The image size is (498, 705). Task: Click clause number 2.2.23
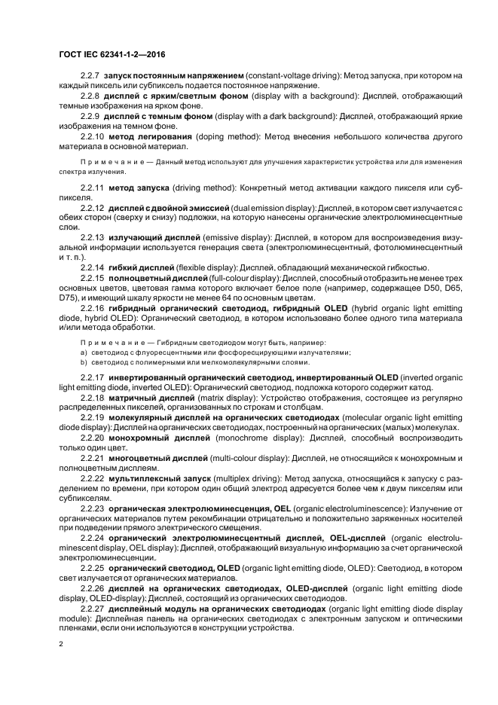pyautogui.click(x=93, y=508)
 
